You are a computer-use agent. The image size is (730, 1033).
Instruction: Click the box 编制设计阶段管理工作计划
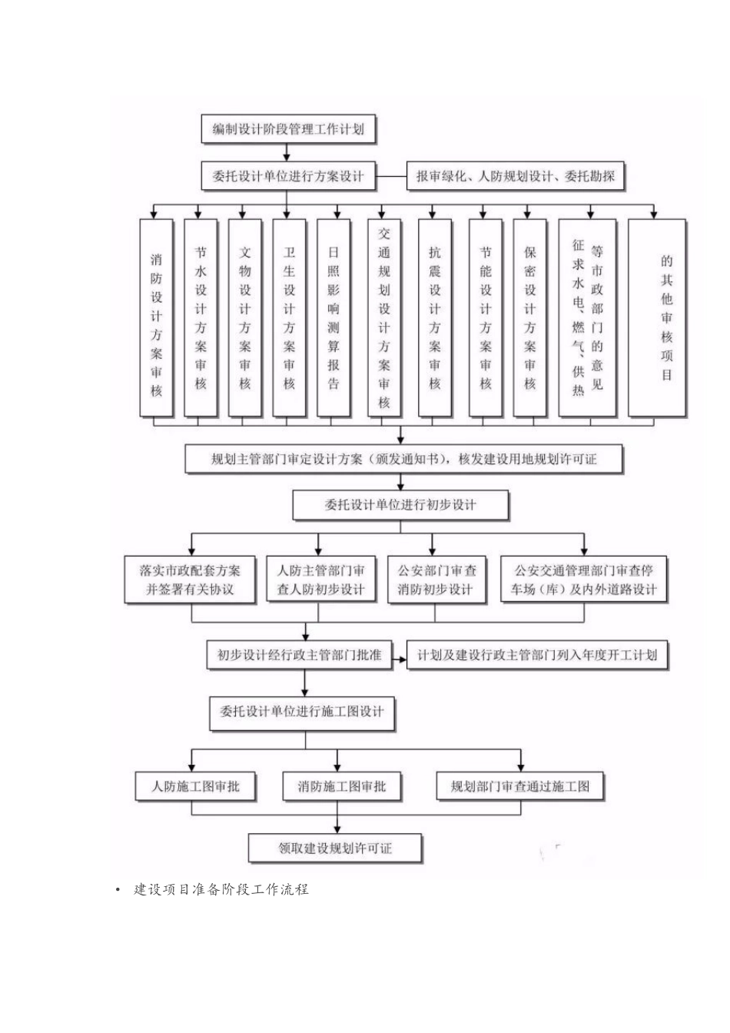[288, 129]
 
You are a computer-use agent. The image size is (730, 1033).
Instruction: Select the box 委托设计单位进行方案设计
[288, 176]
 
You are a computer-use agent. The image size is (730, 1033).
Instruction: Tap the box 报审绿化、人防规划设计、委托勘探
[516, 176]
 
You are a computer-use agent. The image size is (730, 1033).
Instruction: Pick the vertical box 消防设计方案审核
[157, 318]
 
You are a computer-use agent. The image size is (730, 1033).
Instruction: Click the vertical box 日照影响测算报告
[333, 318]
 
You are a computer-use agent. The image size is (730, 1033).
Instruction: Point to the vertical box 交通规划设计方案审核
[384, 318]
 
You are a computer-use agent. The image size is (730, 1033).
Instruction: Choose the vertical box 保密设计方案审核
[530, 318]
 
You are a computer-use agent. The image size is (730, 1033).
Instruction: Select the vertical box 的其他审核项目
[657, 318]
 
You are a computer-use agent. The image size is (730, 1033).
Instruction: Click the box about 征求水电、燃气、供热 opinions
[588, 318]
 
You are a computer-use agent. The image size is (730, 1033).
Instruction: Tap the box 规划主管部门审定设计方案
[403, 460]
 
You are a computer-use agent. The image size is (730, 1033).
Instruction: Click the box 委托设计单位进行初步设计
[400, 505]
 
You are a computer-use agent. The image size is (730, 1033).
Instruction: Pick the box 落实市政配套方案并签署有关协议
[190, 580]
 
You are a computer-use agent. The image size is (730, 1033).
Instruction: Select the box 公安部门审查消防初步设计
[436, 580]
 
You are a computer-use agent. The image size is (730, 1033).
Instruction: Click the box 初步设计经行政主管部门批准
[299, 655]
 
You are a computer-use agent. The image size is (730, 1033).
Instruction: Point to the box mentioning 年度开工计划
[537, 655]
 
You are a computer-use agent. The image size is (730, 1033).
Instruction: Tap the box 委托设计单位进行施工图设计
[302, 712]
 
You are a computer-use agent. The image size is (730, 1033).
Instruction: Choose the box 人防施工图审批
[195, 786]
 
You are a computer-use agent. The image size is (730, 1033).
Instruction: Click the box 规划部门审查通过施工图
[520, 786]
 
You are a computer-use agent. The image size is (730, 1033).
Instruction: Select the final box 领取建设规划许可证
[335, 849]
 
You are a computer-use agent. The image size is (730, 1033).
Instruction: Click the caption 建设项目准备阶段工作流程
[221, 890]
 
